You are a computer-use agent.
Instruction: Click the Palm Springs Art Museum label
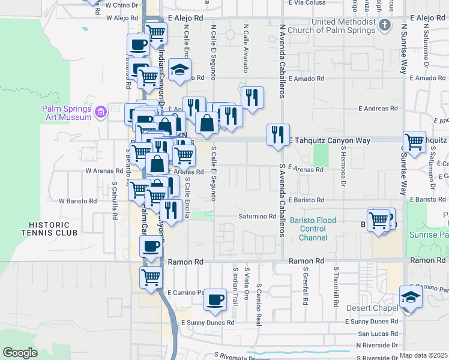tap(66, 113)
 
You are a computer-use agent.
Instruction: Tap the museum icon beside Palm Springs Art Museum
tap(100, 111)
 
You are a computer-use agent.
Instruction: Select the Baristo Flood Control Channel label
tap(313, 229)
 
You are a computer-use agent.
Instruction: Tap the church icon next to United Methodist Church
tap(385, 26)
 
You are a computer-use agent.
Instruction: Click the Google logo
tap(20, 353)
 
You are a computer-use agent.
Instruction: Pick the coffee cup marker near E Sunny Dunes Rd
tap(215, 299)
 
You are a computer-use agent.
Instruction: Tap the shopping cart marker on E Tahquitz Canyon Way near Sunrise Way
tap(414, 142)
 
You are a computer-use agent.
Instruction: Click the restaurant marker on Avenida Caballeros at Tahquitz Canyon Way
tap(278, 134)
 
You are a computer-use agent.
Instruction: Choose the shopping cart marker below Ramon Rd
tap(151, 277)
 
